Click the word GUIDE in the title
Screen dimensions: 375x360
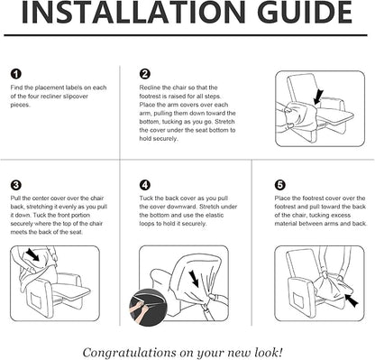click(306, 12)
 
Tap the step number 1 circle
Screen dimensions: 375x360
click(15, 74)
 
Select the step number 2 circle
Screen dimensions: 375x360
click(145, 74)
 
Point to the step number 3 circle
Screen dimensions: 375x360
click(15, 185)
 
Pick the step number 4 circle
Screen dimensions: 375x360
click(145, 185)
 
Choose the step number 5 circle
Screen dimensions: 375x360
click(280, 185)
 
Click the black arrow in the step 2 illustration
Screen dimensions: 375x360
click(318, 97)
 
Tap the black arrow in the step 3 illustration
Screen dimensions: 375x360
click(32, 254)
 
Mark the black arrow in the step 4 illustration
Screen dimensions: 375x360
click(194, 279)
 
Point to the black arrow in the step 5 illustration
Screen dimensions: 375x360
click(352, 300)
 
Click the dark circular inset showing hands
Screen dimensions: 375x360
click(148, 308)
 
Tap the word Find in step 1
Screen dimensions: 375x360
click(16, 88)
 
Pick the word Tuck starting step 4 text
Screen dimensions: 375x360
click(146, 198)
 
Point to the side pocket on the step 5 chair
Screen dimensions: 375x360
click(299, 301)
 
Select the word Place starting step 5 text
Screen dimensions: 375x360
click(282, 198)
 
